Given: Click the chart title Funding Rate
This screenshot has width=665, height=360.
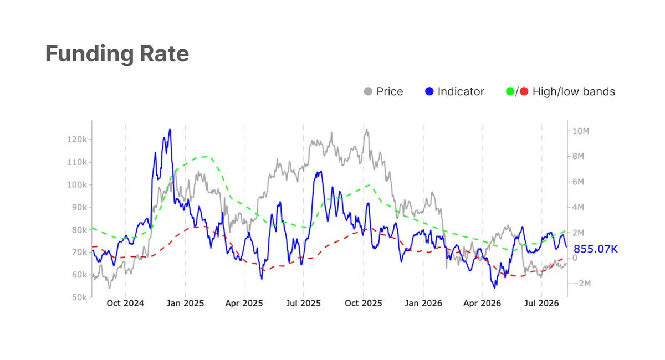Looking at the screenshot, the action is pos(117,54).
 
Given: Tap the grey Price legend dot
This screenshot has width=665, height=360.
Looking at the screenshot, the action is pos(368,91).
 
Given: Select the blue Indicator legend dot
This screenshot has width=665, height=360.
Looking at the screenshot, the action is pos(429,91).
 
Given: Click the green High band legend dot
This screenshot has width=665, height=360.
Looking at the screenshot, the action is pos(510,91).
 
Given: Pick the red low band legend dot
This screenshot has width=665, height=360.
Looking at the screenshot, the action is pos(524,91).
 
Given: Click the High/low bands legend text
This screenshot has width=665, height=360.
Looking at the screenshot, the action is pos(574,92).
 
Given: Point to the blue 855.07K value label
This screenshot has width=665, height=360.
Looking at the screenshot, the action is pos(596,249).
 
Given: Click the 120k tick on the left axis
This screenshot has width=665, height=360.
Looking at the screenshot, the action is pos(77,140).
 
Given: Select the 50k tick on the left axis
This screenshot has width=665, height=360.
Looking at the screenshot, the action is pos(79,297).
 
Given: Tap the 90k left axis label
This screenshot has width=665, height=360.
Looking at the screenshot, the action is pos(79,207).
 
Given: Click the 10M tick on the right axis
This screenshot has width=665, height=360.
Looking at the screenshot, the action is pos(581,131).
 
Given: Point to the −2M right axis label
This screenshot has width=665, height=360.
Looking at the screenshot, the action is pos(581,284).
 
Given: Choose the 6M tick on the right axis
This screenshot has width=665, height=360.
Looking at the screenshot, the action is pos(578,182).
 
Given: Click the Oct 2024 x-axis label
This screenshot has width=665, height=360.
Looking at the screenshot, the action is pos(125,304).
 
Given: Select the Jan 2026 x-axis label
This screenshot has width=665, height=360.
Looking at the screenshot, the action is pos(423,304).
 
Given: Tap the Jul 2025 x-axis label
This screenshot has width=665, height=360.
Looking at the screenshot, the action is pos(304,304).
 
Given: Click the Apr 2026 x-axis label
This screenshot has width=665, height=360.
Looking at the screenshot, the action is pos(482,304).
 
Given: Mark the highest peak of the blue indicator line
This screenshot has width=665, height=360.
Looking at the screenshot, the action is pos(170,130).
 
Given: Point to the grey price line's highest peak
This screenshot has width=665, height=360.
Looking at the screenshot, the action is pos(367,130).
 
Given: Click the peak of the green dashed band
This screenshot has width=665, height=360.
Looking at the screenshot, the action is pos(206,156).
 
